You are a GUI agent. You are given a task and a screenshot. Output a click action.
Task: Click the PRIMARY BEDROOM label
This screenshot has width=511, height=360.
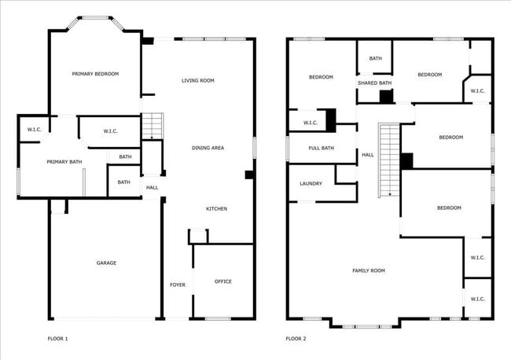(x=95, y=74)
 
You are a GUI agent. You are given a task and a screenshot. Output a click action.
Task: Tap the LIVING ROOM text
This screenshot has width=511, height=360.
(x=198, y=80)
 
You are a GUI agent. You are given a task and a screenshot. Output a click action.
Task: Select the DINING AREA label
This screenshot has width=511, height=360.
(x=208, y=148)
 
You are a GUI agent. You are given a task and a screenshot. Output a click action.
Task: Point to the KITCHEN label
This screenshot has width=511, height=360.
(x=217, y=208)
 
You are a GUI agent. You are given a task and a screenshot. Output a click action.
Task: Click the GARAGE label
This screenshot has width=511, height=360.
(x=106, y=263)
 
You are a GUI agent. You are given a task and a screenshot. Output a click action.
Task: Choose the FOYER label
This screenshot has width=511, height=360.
(x=178, y=285)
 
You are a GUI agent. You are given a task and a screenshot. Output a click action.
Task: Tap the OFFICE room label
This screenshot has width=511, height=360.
(x=223, y=281)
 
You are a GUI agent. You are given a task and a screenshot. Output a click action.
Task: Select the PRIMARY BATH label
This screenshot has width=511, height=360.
(x=64, y=162)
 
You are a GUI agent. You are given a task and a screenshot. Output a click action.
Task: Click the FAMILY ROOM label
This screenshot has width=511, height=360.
(x=368, y=270)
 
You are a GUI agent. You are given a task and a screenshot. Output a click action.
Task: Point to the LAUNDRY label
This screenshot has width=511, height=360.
(x=311, y=183)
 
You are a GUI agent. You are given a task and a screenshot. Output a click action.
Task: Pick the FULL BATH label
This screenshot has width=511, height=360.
(x=321, y=148)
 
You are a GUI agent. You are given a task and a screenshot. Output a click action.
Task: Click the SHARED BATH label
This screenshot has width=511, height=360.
(x=374, y=83)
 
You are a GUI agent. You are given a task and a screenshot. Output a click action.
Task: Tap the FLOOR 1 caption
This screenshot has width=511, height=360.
(x=58, y=339)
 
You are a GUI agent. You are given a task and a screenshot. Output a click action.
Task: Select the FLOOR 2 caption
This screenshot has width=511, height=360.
(x=296, y=339)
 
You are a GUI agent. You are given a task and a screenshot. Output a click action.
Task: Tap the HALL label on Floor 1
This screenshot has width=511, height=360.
(x=152, y=187)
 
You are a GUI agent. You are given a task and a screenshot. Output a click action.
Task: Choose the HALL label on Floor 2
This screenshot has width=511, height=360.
(x=368, y=155)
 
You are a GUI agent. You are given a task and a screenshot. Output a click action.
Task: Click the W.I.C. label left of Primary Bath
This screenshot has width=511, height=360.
(x=34, y=129)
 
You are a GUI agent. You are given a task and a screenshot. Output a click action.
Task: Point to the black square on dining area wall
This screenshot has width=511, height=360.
(x=248, y=174)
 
